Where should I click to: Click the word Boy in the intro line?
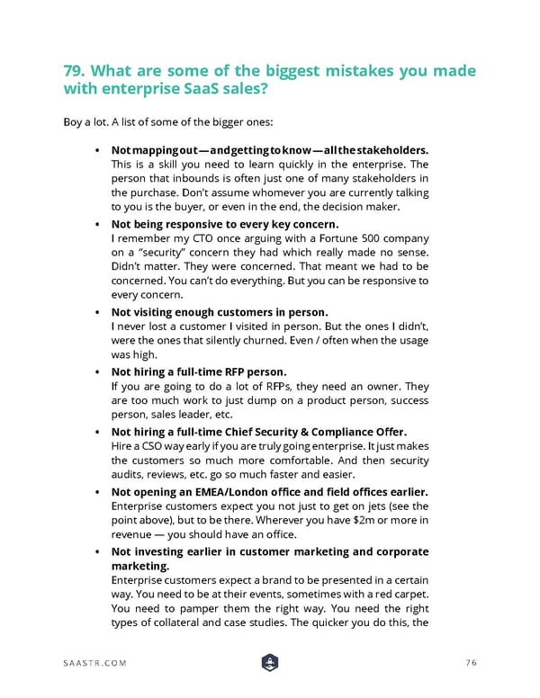(x=74, y=121)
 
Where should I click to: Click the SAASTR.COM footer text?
(x=94, y=664)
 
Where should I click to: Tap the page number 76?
(x=470, y=664)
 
